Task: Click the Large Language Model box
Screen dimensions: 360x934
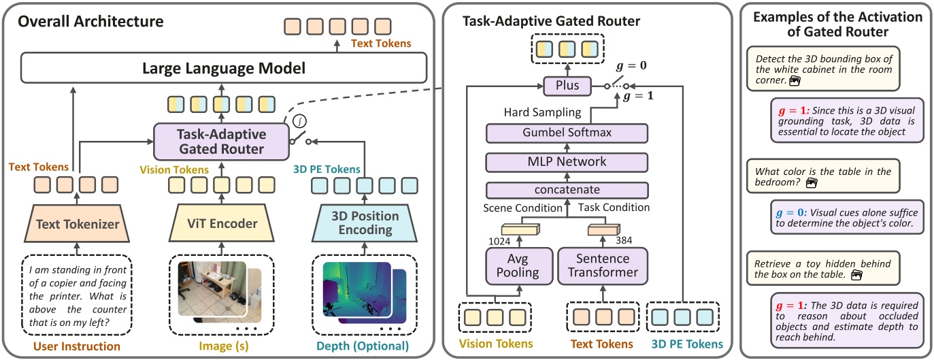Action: pos(224,68)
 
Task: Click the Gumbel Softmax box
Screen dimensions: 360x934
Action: pos(567,133)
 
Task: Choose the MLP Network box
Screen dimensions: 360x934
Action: pos(567,162)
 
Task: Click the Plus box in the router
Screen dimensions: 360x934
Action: pos(567,86)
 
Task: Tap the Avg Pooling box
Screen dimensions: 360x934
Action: pos(519,265)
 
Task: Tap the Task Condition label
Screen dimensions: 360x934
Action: pos(614,207)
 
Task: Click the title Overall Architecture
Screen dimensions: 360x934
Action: pos(90,21)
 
